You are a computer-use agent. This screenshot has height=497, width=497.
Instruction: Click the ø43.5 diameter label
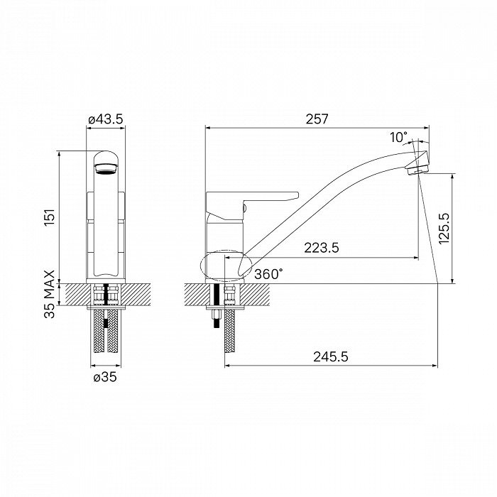(105, 119)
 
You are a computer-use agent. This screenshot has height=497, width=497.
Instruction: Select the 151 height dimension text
(50, 218)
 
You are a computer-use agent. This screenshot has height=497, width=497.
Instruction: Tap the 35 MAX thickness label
(50, 294)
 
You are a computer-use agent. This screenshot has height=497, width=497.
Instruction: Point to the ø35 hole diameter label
(105, 377)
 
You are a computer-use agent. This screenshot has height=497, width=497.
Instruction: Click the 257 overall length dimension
(317, 119)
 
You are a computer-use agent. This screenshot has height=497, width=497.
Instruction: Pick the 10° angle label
(399, 138)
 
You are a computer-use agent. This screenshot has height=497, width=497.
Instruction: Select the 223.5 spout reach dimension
(322, 248)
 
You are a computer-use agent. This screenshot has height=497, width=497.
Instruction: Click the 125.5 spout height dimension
(444, 228)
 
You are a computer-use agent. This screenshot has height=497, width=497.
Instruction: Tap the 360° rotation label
(268, 274)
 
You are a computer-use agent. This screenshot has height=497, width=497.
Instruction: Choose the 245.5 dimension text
(331, 357)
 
